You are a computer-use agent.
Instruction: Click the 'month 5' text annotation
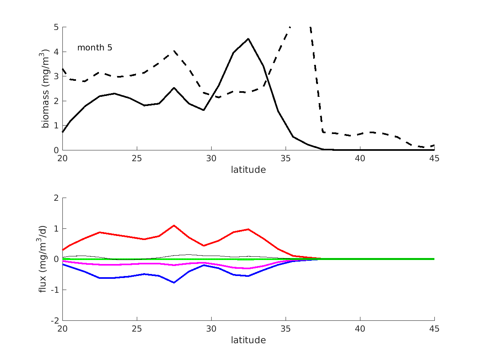click(x=94, y=48)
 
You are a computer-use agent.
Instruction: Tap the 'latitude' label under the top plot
click(x=248, y=170)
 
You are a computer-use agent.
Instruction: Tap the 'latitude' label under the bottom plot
click(x=248, y=340)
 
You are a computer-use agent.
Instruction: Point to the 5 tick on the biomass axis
click(x=57, y=27)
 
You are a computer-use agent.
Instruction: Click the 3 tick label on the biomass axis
click(x=57, y=76)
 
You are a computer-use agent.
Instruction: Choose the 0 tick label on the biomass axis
click(x=57, y=150)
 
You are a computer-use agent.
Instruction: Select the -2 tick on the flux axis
click(x=55, y=321)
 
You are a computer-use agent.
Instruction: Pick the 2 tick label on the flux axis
click(x=57, y=198)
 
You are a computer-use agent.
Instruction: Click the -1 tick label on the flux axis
click(x=55, y=290)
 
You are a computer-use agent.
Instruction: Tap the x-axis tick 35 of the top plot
click(x=286, y=158)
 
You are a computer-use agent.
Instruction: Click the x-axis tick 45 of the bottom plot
click(x=434, y=329)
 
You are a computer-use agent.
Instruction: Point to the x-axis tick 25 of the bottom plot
click(x=137, y=329)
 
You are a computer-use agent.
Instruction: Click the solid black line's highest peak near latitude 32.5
click(x=248, y=39)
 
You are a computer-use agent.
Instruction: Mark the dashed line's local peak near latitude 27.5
click(x=174, y=51)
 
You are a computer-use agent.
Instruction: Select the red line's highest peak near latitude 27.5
click(x=174, y=225)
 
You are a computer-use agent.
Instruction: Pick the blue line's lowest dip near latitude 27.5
click(x=174, y=282)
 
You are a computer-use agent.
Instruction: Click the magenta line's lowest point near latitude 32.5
click(x=248, y=268)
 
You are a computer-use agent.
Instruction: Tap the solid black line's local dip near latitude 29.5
click(x=204, y=110)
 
